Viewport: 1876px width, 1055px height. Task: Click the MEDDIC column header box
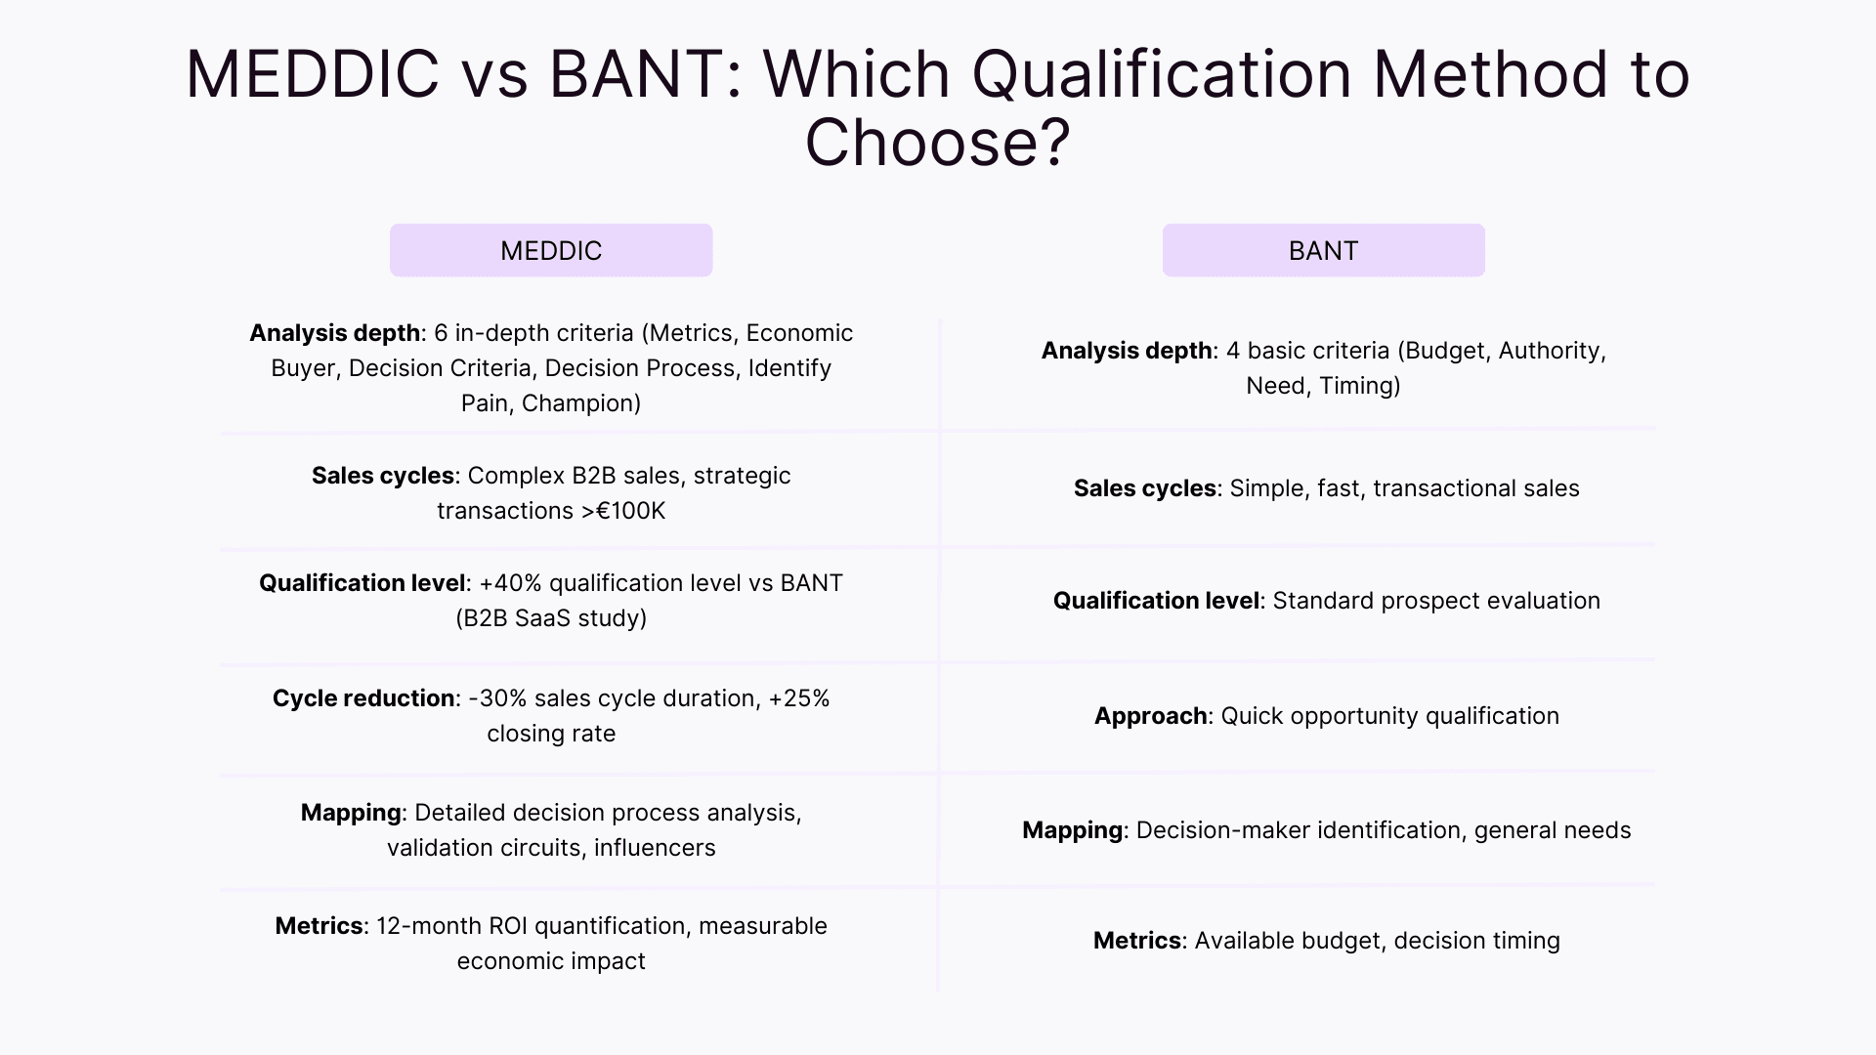[x=551, y=250]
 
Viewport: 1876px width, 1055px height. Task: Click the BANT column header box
[x=1323, y=250]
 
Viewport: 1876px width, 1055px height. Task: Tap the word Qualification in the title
[x=1162, y=74]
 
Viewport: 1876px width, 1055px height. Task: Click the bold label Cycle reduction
[x=363, y=698]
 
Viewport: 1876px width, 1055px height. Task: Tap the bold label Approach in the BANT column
[x=1150, y=716]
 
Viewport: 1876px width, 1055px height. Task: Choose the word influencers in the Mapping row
[x=655, y=848]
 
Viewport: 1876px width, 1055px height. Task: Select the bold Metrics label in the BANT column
[x=1136, y=941]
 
